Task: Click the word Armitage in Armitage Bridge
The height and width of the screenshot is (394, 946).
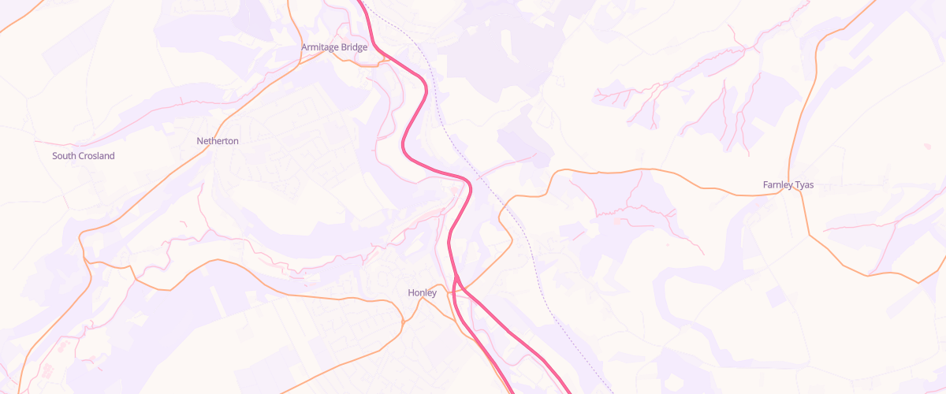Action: point(322,48)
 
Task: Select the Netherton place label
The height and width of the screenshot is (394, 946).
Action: point(218,141)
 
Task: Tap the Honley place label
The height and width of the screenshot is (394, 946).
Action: point(423,293)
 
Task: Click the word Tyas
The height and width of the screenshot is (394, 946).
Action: point(805,185)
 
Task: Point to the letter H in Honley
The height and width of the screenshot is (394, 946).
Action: point(411,293)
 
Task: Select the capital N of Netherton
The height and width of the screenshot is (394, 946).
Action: point(199,141)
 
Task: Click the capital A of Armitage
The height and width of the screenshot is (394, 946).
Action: point(304,48)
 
